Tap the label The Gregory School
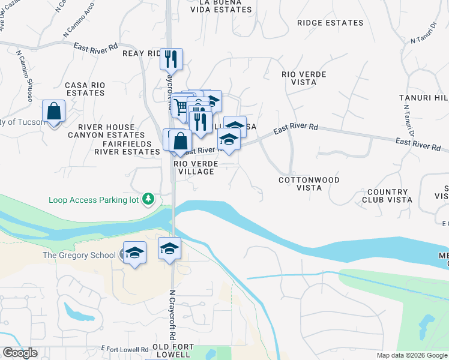coord(79,255)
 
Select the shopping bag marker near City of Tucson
coord(54,112)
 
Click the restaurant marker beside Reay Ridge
coord(171,59)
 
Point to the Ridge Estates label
coord(330,23)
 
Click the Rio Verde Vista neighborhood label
coord(304,78)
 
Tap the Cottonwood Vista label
coord(309,184)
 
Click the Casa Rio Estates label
coord(85,89)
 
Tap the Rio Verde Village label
coord(194,167)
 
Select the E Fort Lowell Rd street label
coord(125,349)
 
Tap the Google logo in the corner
coord(20,353)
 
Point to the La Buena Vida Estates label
coord(215,7)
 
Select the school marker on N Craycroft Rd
coord(170,248)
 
